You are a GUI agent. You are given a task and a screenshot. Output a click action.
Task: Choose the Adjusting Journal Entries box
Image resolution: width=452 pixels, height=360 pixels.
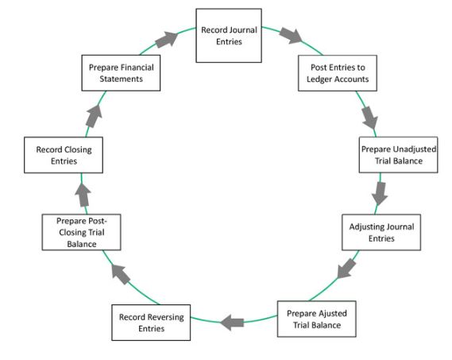(x=382, y=232)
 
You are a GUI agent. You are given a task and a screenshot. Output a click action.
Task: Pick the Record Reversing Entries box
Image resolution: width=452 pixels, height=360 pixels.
(x=151, y=323)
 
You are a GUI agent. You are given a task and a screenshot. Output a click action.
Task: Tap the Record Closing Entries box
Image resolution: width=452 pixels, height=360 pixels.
(x=64, y=155)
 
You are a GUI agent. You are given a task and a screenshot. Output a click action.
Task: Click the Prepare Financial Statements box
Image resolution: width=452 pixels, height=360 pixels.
(x=121, y=73)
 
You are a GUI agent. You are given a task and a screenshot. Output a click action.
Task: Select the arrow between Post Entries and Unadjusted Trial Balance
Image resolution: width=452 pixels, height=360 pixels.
(x=369, y=117)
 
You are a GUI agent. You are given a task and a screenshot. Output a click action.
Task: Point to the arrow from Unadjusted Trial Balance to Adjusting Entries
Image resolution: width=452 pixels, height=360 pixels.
(x=380, y=193)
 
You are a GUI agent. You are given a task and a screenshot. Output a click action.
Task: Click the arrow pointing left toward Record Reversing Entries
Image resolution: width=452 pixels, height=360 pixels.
(x=232, y=322)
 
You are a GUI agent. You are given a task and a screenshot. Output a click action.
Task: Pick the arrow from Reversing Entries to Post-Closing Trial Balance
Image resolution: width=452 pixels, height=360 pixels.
(x=121, y=275)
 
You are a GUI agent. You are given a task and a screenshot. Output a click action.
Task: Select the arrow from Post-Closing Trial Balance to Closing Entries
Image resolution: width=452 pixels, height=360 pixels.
(x=83, y=193)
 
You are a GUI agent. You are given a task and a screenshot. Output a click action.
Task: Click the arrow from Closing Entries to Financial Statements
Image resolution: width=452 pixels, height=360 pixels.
(x=94, y=115)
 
